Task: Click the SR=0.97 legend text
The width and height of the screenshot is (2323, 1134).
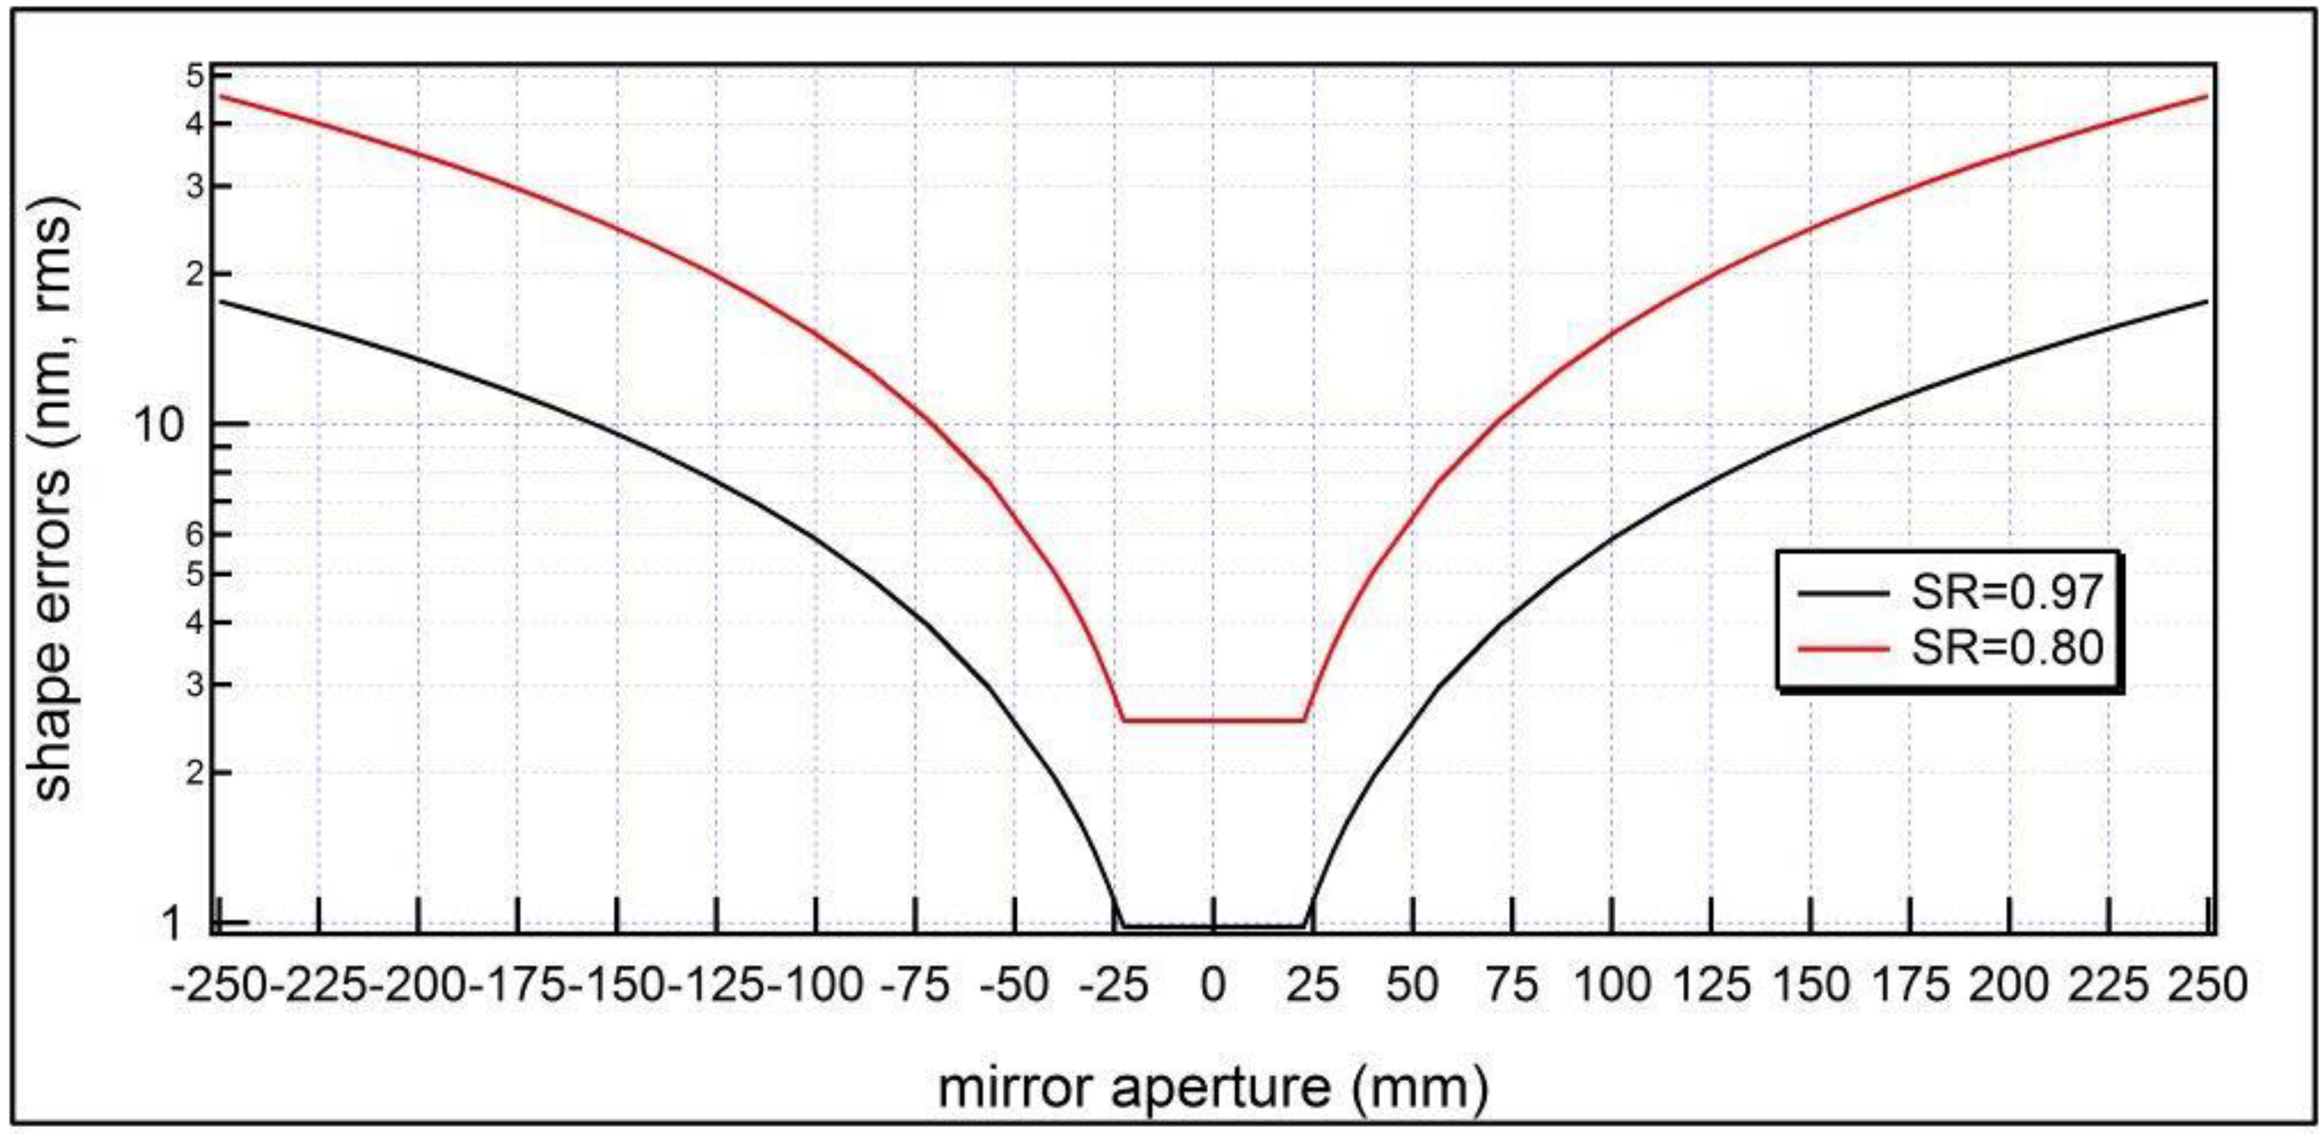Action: [x=2007, y=592]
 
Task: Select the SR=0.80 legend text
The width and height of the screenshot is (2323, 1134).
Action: [x=2007, y=648]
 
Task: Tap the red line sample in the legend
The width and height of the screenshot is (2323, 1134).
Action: [x=1842, y=648]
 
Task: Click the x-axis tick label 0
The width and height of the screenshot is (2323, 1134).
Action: [x=1213, y=985]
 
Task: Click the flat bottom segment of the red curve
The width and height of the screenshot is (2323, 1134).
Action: [x=1213, y=720]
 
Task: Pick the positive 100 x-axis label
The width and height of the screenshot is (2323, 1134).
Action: [x=1613, y=985]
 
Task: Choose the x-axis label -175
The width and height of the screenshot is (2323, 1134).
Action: [x=518, y=985]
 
